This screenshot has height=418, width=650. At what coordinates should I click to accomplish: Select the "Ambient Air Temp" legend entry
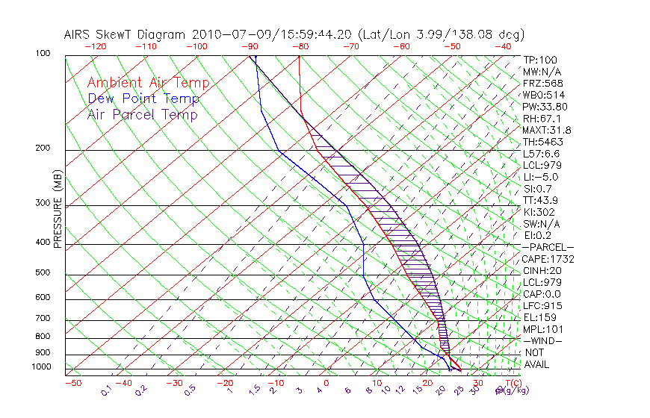click(x=148, y=83)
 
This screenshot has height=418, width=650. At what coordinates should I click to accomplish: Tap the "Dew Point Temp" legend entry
click(x=143, y=99)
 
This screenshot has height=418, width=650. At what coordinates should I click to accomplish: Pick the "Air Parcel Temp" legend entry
click(x=142, y=114)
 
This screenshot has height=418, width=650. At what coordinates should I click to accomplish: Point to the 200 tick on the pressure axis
click(x=43, y=148)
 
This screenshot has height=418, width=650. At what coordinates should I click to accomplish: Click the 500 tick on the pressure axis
click(x=43, y=272)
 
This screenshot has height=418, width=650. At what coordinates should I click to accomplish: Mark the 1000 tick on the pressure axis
click(x=40, y=366)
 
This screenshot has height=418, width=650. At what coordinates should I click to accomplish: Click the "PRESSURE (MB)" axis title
click(x=57, y=210)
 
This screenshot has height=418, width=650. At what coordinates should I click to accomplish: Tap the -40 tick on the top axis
click(x=504, y=46)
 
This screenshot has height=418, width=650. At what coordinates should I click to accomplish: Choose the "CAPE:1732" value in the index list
click(x=547, y=259)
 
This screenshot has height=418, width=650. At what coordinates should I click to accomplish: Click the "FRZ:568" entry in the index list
click(x=542, y=84)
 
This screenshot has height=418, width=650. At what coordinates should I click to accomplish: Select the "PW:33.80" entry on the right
click(x=545, y=107)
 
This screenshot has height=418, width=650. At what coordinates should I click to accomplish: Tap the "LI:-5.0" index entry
click(x=540, y=177)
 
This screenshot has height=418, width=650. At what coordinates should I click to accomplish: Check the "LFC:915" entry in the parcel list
click(x=542, y=305)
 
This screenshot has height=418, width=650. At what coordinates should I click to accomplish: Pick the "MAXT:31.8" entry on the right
click(x=547, y=130)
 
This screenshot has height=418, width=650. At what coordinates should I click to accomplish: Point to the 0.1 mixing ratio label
click(x=106, y=390)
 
